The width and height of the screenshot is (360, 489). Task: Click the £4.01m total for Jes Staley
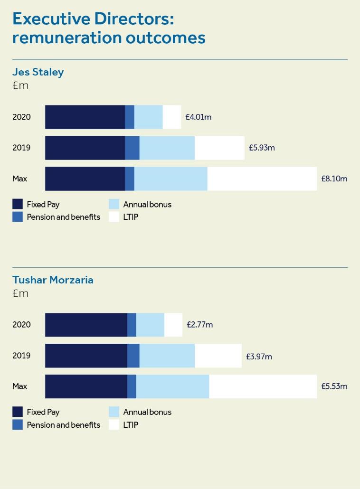198,117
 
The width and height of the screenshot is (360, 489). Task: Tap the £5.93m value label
262,148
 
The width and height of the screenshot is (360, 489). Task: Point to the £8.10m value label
334,179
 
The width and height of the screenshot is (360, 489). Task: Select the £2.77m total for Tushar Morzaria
199,325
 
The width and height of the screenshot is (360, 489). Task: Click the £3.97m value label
259,356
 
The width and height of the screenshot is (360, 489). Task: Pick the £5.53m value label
334,386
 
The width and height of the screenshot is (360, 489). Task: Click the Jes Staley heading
38,72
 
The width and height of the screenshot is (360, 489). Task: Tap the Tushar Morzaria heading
53,280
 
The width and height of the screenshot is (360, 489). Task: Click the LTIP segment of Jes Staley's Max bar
262,179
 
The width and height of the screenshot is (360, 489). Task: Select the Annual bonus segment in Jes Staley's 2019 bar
167,148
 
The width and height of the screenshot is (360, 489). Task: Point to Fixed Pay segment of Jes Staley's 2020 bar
85,117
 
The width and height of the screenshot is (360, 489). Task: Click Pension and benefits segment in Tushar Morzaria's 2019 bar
133,356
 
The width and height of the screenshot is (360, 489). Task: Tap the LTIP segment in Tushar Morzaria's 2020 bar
173,325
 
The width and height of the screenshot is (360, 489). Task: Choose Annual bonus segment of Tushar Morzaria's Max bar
172,386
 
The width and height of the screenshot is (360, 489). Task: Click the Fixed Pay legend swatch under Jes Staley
18,205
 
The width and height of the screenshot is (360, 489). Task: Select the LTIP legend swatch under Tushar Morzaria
114,425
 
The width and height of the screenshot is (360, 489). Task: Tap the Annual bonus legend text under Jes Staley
147,205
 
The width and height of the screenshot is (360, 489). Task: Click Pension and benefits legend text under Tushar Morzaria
63,425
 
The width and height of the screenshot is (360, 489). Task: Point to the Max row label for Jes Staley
20,179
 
